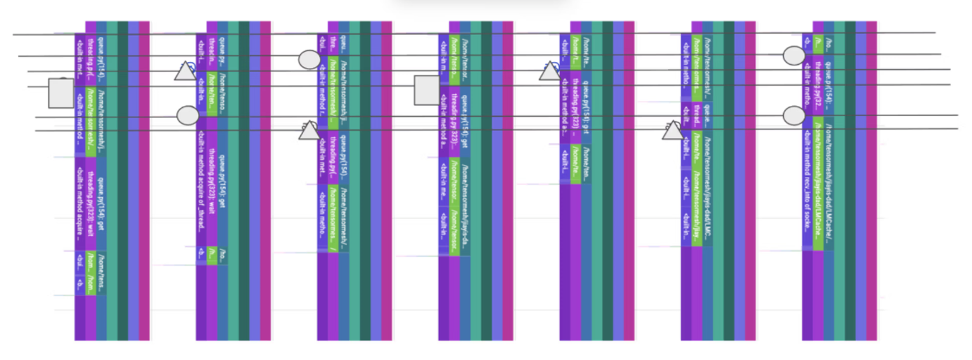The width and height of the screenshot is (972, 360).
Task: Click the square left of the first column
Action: pyautogui.click(x=61, y=93)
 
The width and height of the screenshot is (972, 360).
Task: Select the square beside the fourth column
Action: pyautogui.click(x=426, y=90)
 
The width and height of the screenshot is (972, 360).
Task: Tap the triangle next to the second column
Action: pyautogui.click(x=185, y=71)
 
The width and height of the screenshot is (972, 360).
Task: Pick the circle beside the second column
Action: pyautogui.click(x=188, y=115)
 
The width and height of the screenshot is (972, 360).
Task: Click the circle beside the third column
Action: pyautogui.click(x=309, y=60)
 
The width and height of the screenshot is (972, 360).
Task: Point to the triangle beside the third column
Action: pyautogui.click(x=309, y=131)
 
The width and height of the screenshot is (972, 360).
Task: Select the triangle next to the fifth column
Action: pyautogui.click(x=550, y=72)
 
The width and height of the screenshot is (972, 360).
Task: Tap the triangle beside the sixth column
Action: pyautogui.click(x=673, y=131)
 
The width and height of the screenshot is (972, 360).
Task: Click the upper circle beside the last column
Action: pyautogui.click(x=794, y=56)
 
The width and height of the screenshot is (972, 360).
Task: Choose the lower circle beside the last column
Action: pyautogui.click(x=794, y=115)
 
